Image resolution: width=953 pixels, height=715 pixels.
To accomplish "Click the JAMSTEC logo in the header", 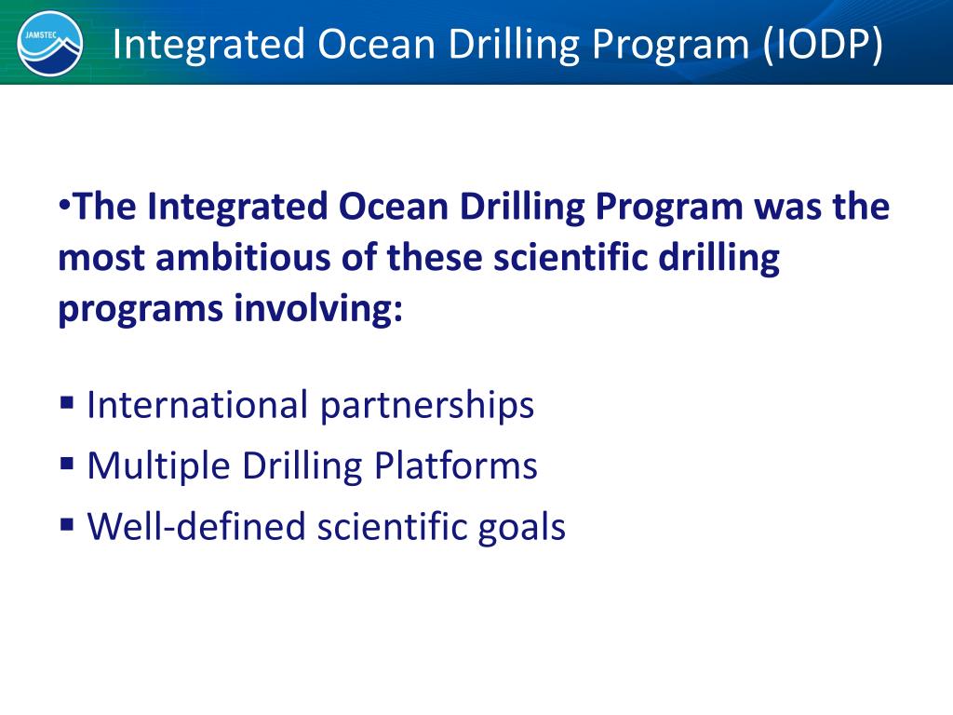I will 50,43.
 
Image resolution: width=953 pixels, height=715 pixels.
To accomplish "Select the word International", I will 197,405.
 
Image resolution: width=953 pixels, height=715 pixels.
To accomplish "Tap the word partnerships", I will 427,405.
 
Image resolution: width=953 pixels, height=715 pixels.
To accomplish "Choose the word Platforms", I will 456,465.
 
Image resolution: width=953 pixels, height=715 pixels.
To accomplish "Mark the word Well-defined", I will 196,527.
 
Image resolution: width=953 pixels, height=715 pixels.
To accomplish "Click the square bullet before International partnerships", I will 67,403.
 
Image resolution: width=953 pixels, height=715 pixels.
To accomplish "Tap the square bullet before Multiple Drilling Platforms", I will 67,464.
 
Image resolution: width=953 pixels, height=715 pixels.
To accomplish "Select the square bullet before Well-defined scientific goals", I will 67,525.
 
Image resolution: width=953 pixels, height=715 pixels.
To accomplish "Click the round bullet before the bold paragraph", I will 63,203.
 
